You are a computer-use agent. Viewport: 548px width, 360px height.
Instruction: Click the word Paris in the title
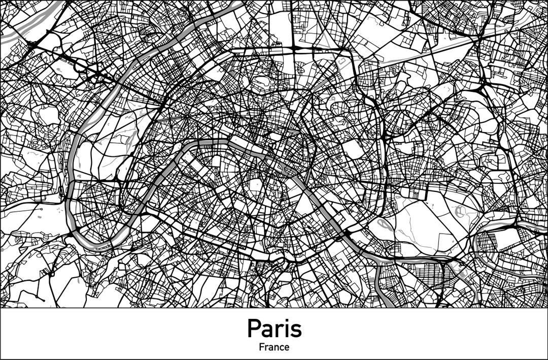[x=274, y=329]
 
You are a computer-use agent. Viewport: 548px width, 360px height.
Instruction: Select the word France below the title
[x=274, y=347]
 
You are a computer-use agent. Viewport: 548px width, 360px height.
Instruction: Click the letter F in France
[x=261, y=347]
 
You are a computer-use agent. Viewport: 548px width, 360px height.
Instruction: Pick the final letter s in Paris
[x=295, y=331]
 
